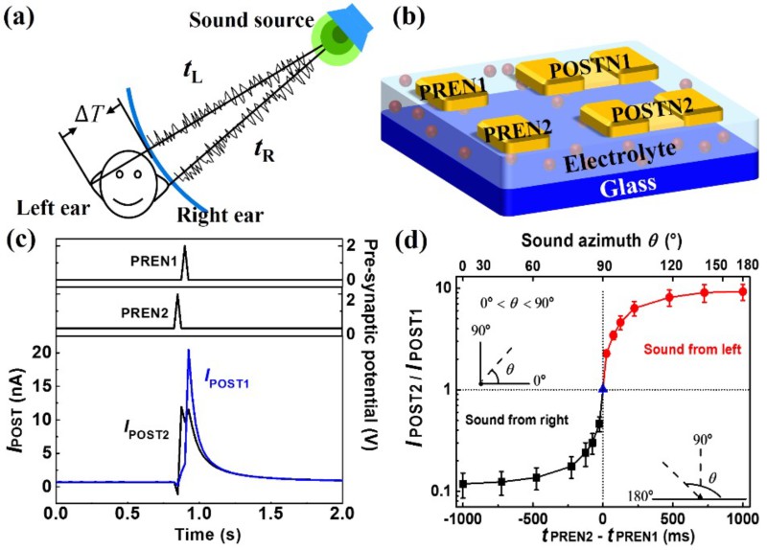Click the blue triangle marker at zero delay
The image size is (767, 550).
pyautogui.click(x=602, y=389)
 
